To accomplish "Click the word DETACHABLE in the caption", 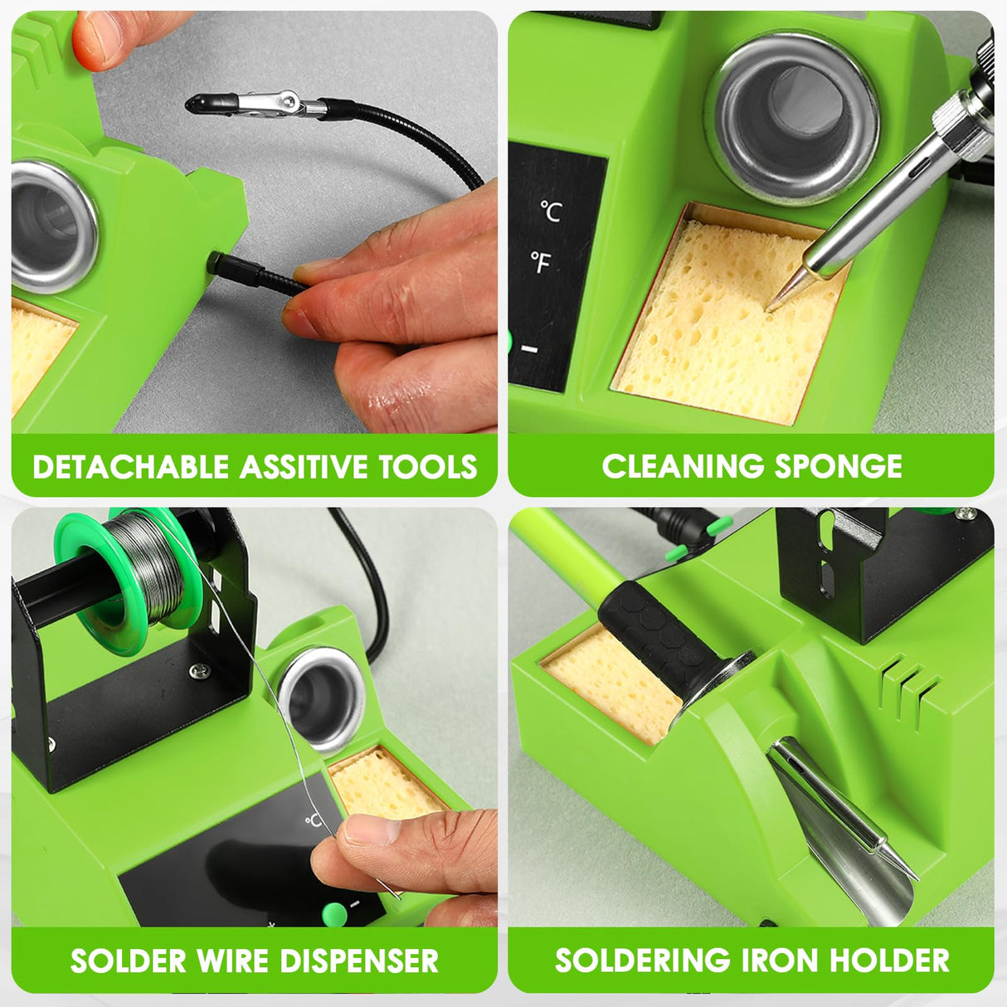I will pos(131,467).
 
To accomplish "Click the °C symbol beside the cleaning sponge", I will pos(550,211).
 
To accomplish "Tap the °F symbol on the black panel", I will pos(541,264).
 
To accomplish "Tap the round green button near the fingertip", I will pos(334,913).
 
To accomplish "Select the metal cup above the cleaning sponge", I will pos(792,116).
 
